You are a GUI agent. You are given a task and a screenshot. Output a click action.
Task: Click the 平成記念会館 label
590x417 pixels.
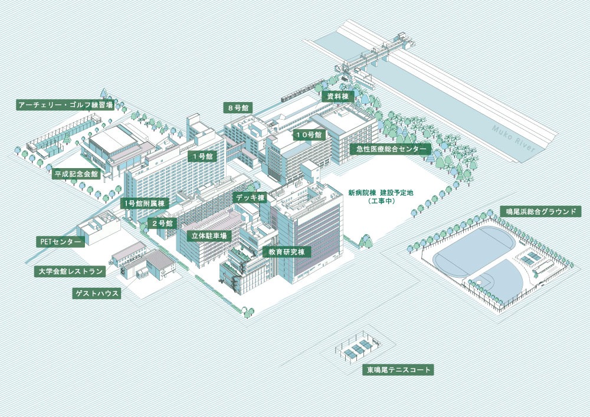(76, 174)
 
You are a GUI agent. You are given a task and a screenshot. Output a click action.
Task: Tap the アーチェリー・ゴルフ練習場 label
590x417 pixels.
(65, 105)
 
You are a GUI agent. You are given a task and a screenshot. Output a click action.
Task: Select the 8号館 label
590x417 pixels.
(238, 108)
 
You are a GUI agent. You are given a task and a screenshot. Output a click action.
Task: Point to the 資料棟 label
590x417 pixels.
(338, 97)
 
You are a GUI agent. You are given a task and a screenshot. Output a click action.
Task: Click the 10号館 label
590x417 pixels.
(309, 135)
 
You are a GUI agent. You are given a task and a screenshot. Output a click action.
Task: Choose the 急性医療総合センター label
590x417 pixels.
(390, 149)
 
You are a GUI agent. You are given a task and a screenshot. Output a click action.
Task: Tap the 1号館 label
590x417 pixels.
(202, 156)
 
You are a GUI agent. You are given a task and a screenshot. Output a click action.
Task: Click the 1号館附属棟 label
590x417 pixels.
(145, 204)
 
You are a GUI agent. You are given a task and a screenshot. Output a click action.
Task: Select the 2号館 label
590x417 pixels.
(162, 224)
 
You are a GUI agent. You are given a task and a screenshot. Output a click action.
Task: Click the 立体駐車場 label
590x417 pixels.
(209, 236)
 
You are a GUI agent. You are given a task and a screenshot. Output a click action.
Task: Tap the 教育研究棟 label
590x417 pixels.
(287, 252)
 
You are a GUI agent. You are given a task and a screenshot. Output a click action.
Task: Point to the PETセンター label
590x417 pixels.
(61, 242)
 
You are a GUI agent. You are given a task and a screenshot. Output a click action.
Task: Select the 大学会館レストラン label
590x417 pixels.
(70, 271)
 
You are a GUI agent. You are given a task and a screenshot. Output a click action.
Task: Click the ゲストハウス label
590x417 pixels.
(97, 294)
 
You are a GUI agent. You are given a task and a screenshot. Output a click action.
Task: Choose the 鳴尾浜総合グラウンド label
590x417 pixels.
(540, 211)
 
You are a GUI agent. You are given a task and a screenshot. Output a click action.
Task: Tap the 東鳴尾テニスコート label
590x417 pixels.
(398, 370)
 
